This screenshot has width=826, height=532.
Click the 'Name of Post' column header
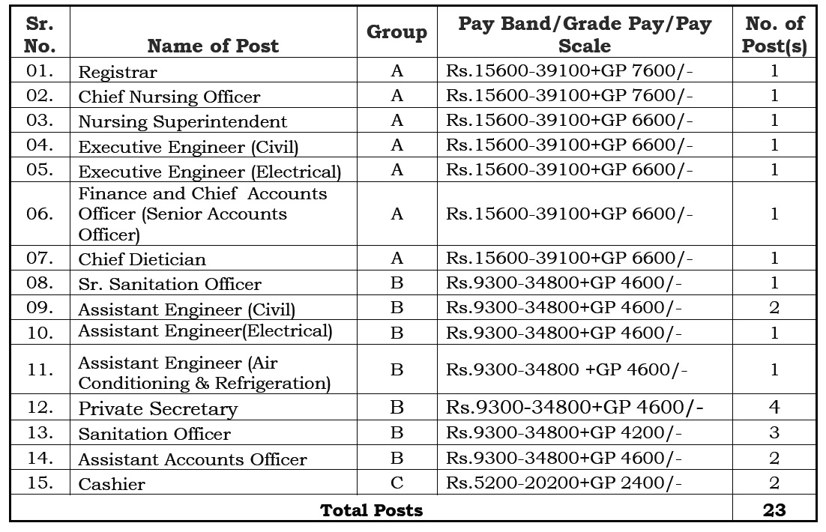tap(213, 46)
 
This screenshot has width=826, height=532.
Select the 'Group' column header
tap(397, 32)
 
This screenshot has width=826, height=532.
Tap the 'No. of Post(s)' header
tap(774, 34)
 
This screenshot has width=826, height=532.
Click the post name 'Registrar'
tap(118, 73)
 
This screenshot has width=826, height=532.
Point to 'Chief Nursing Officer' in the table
tap(169, 97)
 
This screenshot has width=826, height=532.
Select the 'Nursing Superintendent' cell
tap(183, 122)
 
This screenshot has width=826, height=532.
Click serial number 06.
tap(40, 214)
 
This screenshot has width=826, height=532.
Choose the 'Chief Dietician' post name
tap(142, 259)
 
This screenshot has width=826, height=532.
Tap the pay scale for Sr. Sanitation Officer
tap(564, 283)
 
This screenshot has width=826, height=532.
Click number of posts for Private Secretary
tap(774, 408)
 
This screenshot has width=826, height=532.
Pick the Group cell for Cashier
tap(397, 483)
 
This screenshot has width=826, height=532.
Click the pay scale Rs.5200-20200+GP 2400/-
tap(564, 483)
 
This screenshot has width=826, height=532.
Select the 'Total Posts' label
tap(371, 510)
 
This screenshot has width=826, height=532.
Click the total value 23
tap(774, 510)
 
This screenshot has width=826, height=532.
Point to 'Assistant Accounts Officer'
tap(193, 459)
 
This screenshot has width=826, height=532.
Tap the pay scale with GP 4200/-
tap(564, 433)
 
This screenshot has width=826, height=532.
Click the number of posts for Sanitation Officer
tap(774, 433)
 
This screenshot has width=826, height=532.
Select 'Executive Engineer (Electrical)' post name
tap(209, 172)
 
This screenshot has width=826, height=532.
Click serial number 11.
tap(40, 370)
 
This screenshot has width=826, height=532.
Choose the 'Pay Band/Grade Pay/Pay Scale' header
tap(584, 34)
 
